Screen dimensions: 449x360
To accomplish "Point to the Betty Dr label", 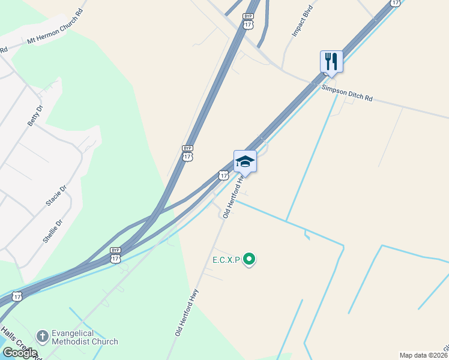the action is pos(35,115).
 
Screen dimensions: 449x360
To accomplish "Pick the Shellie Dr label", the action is pos(53,230).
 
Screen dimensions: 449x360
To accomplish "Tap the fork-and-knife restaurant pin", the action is pos(331,61).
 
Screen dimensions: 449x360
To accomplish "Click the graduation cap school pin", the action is pos(245,161).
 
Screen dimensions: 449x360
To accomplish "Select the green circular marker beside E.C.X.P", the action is pos(249,260).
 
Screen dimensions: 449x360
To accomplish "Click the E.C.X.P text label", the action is pos(226,260).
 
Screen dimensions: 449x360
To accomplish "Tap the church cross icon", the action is pos(42,337).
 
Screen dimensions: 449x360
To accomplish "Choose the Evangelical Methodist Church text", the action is pos(84,337).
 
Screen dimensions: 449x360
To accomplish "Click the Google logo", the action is pos(19,353).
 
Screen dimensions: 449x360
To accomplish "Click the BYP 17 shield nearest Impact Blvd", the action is pos(248,21).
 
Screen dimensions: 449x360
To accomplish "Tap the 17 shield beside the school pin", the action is pos(223,175).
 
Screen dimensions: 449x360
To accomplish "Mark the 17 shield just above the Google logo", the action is pos(17,296).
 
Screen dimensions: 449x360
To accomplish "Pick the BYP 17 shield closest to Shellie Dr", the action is pos(115,255).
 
